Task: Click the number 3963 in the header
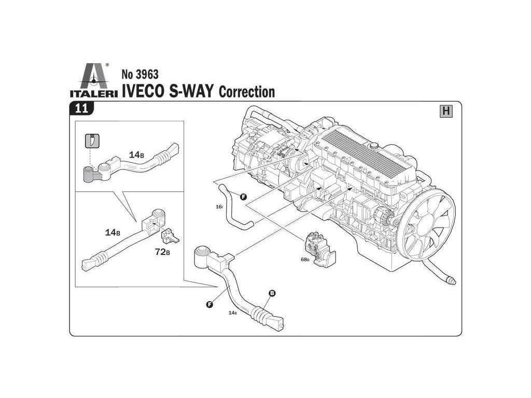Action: tap(139, 74)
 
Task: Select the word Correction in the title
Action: tap(247, 92)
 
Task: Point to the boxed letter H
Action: tap(445, 111)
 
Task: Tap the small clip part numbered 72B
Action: tap(170, 237)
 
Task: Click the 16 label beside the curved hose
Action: tap(219, 207)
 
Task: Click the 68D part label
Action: tap(304, 259)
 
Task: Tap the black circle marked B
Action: tap(272, 293)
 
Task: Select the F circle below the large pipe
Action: tap(209, 304)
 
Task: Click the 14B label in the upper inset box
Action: tap(136, 155)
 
